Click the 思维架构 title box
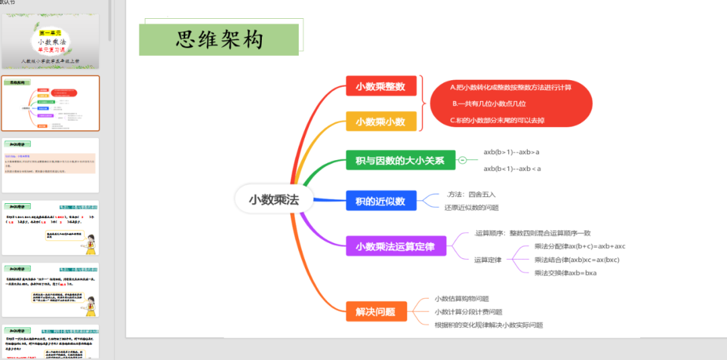coord(219,40)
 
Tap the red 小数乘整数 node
coord(381,86)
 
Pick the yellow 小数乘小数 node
coord(381,122)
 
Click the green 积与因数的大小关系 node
coord(401,161)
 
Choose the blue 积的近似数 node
coord(381,201)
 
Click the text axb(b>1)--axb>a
coord(512,152)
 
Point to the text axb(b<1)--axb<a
coord(512,168)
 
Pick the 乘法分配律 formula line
coord(580,246)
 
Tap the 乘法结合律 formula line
coord(577,260)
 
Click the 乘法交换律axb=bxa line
coord(565,273)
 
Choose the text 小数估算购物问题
coord(462,299)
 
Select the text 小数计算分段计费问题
coord(469,312)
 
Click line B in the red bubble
coord(489,104)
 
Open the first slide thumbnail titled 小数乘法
coord(50,41)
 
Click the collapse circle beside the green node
coord(462,160)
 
